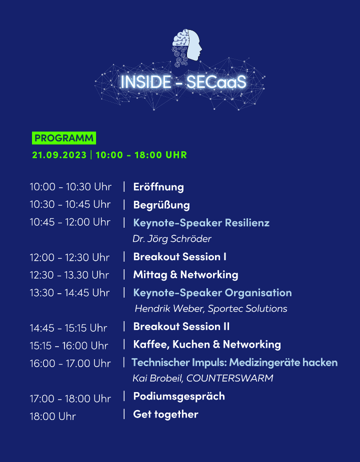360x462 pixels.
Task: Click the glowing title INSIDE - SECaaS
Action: [x=183, y=82]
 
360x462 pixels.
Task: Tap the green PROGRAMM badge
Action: [x=64, y=138]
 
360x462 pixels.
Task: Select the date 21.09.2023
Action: [x=59, y=155]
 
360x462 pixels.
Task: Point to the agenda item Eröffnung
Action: [x=158, y=187]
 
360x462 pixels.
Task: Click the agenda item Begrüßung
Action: [x=161, y=205]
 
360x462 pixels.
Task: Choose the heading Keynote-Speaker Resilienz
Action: [x=201, y=222]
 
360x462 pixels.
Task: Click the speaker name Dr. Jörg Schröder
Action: [x=172, y=239]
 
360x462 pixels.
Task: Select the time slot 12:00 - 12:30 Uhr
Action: [x=69, y=258]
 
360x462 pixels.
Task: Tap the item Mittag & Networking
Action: [x=185, y=275]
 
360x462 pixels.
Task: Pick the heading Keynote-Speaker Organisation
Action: [x=212, y=293]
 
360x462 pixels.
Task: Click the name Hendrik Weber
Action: [x=169, y=309]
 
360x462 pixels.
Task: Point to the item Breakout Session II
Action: [x=181, y=327]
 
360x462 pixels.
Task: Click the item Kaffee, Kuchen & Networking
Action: [x=207, y=344]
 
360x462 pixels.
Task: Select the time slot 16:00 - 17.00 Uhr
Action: [x=70, y=364]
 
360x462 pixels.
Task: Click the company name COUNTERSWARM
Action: [x=229, y=378]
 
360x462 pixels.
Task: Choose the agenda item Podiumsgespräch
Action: [x=179, y=396]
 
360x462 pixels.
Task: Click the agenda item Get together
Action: [x=165, y=414]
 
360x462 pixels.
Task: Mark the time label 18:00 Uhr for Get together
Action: [x=53, y=417]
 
